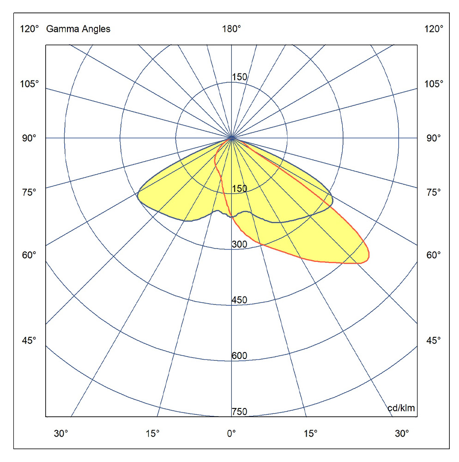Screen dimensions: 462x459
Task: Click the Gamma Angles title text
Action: point(78,30)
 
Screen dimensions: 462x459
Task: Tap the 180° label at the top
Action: point(231,30)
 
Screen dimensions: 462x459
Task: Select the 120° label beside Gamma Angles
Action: point(30,30)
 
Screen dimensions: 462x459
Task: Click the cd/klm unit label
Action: point(401,408)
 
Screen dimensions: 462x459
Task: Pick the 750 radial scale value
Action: point(239,412)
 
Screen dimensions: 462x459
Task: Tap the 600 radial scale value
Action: point(239,356)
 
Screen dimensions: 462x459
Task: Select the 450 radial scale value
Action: point(239,300)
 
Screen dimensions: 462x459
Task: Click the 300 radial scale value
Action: point(239,244)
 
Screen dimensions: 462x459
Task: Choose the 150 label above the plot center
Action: point(239,77)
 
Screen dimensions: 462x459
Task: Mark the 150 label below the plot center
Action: point(239,188)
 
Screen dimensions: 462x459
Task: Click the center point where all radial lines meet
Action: point(231,138)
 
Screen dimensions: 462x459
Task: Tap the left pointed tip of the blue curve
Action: point(138,195)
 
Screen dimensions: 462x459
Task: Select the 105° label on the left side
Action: point(30,84)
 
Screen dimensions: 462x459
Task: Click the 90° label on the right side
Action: point(433,138)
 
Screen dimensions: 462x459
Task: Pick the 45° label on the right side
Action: point(433,340)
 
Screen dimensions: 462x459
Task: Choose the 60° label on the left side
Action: point(30,255)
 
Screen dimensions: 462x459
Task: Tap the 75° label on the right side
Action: point(433,192)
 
